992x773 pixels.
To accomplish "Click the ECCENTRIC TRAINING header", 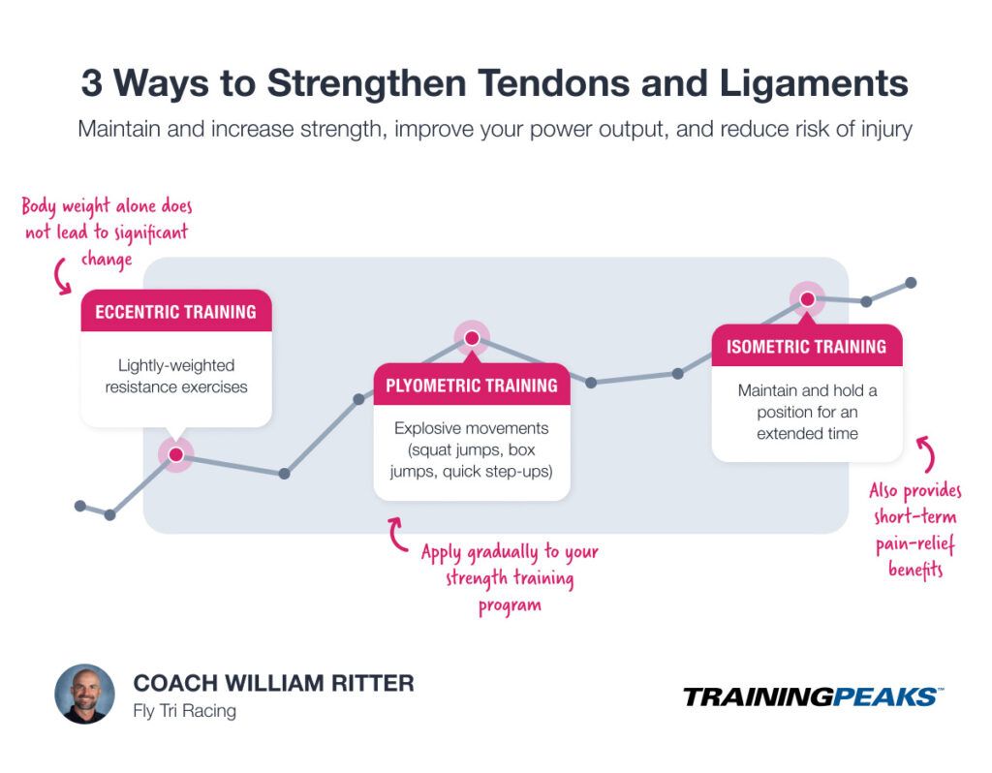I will tap(175, 312).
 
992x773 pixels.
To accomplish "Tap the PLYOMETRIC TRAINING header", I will tap(472, 385).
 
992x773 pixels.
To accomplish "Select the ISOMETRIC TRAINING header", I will tap(806, 346).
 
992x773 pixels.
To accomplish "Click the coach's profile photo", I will tap(84, 695).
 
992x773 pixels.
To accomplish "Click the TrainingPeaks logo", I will tap(812, 696).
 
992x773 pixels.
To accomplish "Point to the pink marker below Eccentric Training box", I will tap(175, 454).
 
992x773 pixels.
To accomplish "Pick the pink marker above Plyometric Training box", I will tap(472, 338).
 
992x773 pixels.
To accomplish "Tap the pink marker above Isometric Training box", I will tap(806, 299).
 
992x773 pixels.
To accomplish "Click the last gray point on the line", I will tap(912, 283).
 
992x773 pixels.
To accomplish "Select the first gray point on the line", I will tap(80, 506).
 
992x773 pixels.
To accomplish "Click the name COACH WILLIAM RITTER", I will tap(273, 683).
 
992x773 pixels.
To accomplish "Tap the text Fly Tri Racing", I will tap(184, 711).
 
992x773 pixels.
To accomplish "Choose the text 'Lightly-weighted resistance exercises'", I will tap(176, 376).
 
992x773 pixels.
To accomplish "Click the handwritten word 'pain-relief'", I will tap(915, 544).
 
